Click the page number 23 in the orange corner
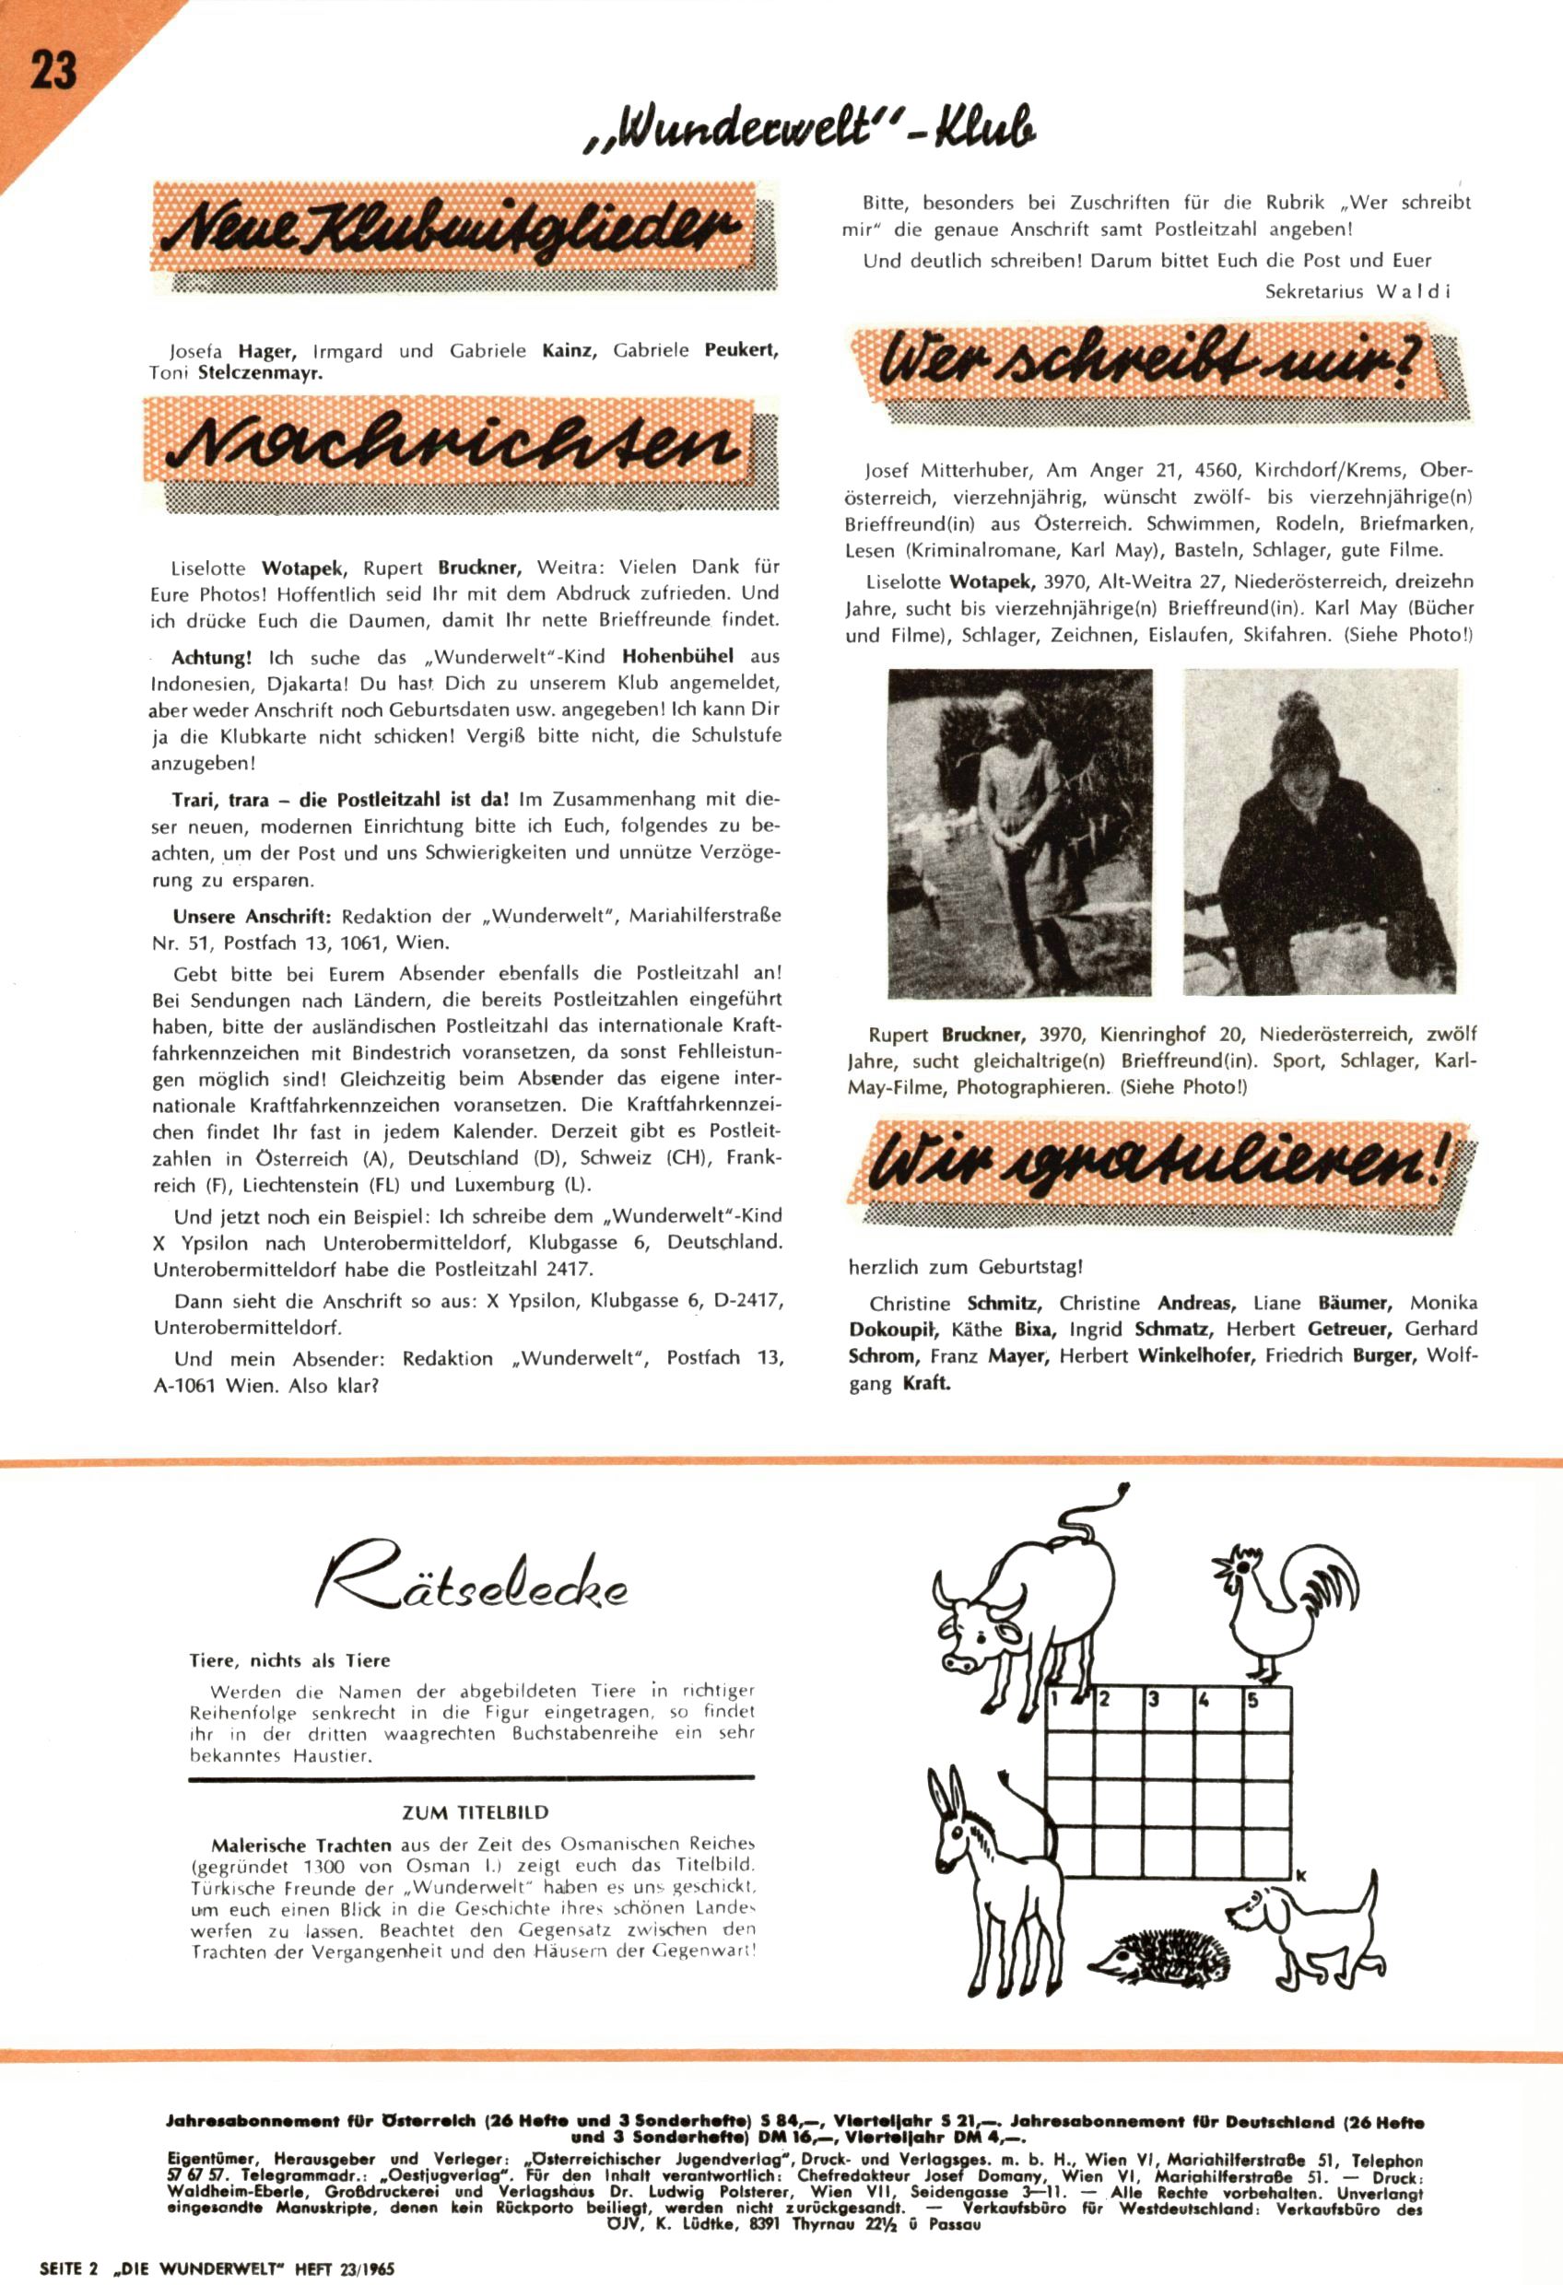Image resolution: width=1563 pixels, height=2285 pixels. [x=53, y=71]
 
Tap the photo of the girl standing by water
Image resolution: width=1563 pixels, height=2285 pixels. [x=1019, y=832]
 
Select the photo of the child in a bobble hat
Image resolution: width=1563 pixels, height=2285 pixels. [x=1318, y=832]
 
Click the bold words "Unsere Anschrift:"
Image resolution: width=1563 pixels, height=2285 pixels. [x=252, y=917]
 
